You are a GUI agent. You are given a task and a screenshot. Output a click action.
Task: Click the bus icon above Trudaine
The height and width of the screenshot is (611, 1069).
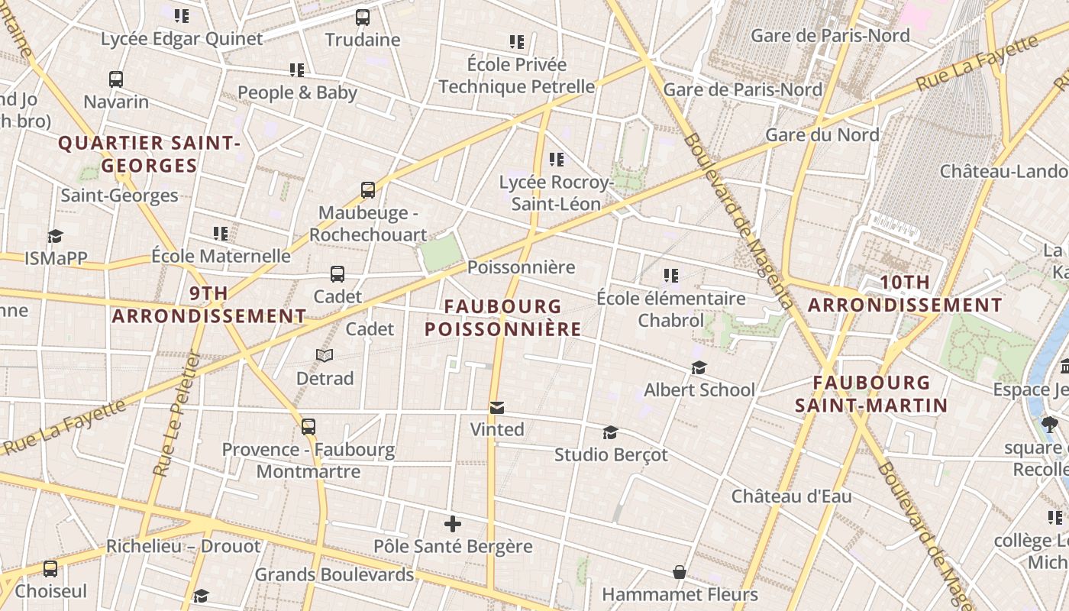pyautogui.click(x=363, y=17)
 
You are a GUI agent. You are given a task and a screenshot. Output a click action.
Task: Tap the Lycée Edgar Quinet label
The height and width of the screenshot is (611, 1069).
pyautogui.click(x=182, y=38)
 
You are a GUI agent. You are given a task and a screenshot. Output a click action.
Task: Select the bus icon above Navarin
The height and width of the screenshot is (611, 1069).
pyautogui.click(x=116, y=79)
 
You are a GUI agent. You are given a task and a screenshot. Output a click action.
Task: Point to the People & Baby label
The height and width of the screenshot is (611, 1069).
pyautogui.click(x=297, y=92)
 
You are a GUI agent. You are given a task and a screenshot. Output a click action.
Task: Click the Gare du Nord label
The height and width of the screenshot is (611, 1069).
pyautogui.click(x=822, y=134)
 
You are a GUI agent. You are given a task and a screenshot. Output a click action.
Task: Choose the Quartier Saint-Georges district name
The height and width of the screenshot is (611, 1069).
pyautogui.click(x=150, y=154)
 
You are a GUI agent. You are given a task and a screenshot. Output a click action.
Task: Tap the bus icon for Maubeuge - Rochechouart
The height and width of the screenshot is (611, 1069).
pyautogui.click(x=368, y=189)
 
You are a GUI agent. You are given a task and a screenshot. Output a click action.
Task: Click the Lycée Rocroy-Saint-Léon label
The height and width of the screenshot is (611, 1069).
pyautogui.click(x=556, y=193)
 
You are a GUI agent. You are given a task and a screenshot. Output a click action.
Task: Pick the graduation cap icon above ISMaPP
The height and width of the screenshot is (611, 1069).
pyautogui.click(x=55, y=236)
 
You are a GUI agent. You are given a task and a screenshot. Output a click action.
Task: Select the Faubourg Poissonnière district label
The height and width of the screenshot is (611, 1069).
pyautogui.click(x=503, y=318)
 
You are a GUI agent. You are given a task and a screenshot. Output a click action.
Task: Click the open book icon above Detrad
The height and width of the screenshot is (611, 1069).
pyautogui.click(x=325, y=355)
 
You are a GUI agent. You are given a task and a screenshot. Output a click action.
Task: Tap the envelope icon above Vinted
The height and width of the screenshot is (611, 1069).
pyautogui.click(x=497, y=407)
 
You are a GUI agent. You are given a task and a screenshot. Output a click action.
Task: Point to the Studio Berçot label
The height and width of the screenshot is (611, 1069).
pyautogui.click(x=611, y=455)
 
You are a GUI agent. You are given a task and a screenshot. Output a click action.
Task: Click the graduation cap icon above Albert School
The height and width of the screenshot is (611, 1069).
pyautogui.click(x=699, y=368)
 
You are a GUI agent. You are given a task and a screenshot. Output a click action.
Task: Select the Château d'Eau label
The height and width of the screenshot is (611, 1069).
pyautogui.click(x=791, y=496)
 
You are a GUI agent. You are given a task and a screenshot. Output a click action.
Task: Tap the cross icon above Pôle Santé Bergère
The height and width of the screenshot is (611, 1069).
pyautogui.click(x=453, y=524)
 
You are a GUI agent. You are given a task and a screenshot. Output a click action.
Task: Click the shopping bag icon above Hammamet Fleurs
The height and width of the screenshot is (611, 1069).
pyautogui.click(x=679, y=572)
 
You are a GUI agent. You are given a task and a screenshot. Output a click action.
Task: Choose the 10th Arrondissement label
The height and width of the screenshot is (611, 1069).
pyautogui.click(x=905, y=293)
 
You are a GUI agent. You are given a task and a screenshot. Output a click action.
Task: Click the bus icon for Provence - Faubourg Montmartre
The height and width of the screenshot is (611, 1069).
pyautogui.click(x=308, y=427)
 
